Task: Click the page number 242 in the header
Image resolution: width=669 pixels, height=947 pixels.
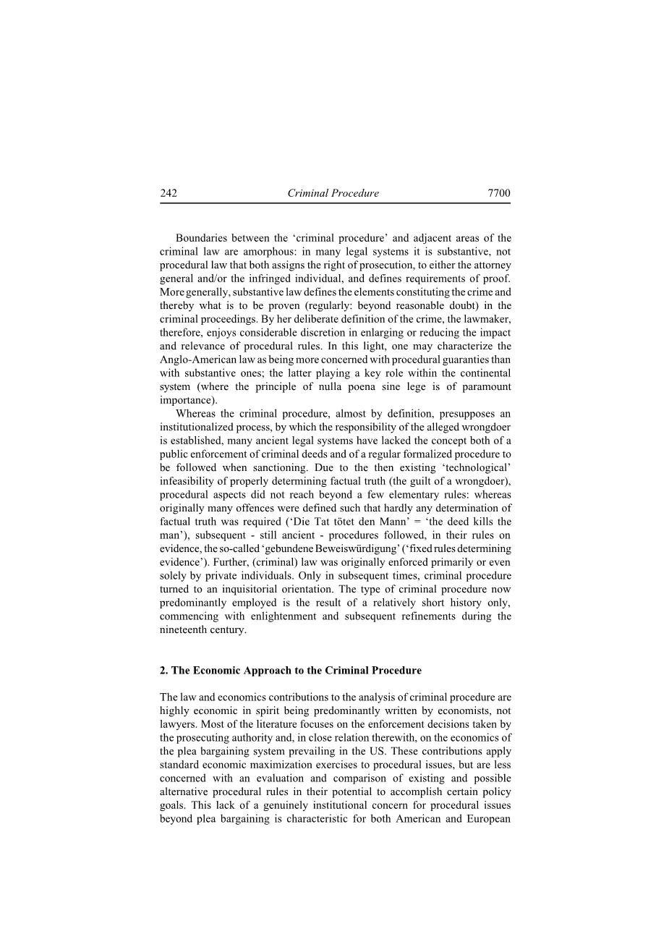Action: pos(169,193)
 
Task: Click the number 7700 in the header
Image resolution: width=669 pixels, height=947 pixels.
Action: pos(499,193)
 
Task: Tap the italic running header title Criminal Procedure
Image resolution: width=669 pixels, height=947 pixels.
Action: pos(333,193)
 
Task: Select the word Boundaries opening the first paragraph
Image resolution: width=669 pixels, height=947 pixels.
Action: pos(203,239)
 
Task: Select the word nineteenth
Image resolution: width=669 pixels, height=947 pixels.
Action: pos(182,630)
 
